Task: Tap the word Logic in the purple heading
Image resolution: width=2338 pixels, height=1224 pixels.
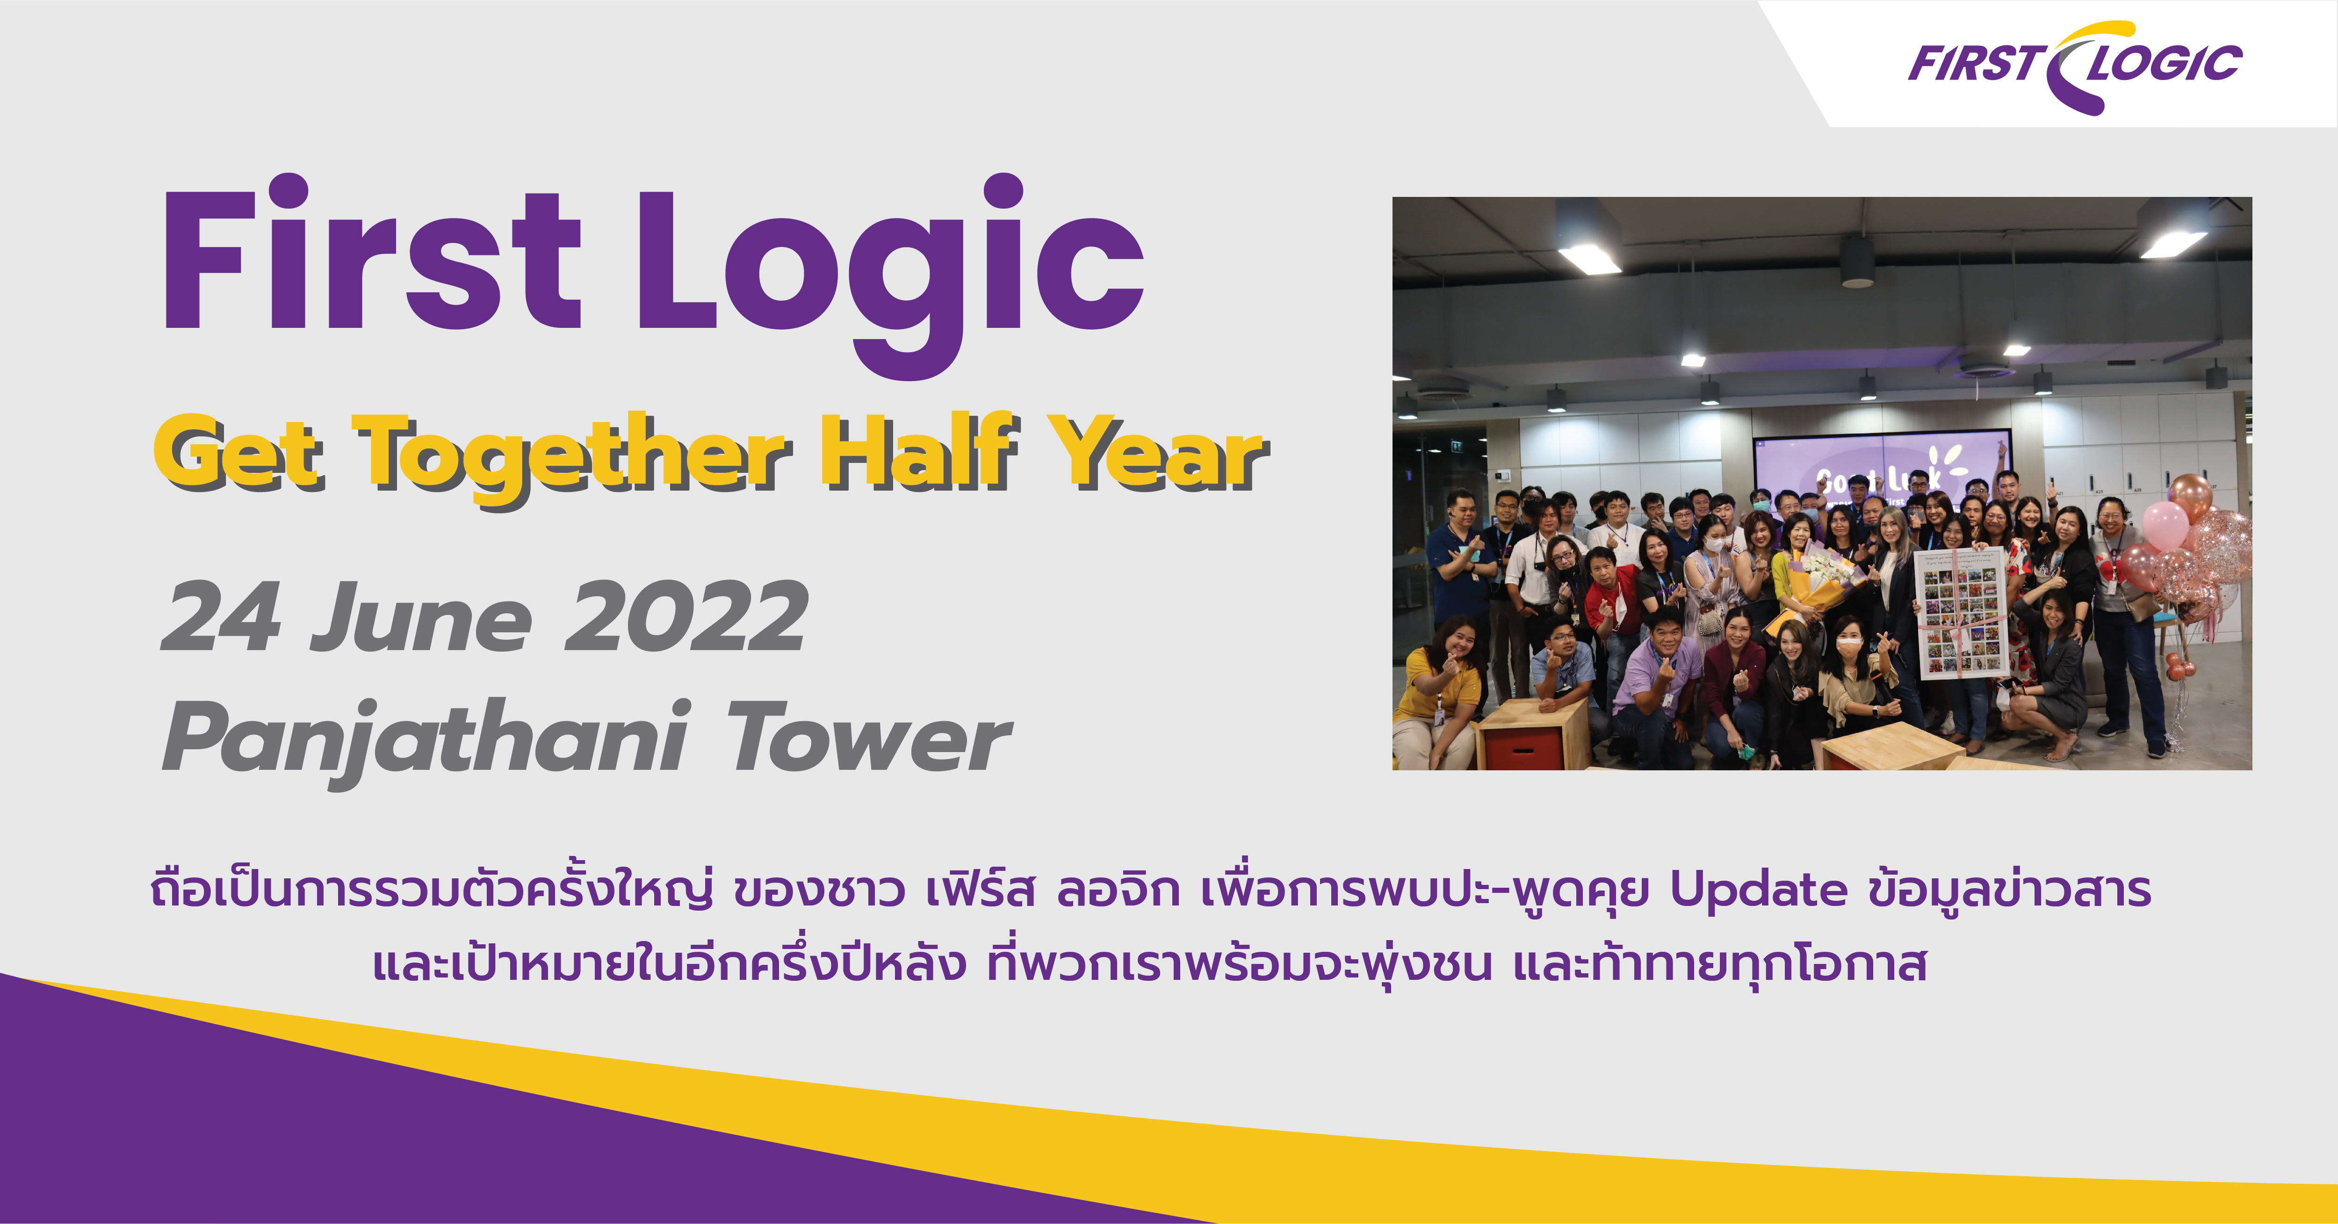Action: (x=889, y=272)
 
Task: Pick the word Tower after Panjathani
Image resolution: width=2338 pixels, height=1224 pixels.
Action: (x=869, y=736)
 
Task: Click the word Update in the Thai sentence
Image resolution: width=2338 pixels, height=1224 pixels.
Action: (x=1758, y=891)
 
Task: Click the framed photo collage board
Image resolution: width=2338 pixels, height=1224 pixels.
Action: (x=1961, y=613)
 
